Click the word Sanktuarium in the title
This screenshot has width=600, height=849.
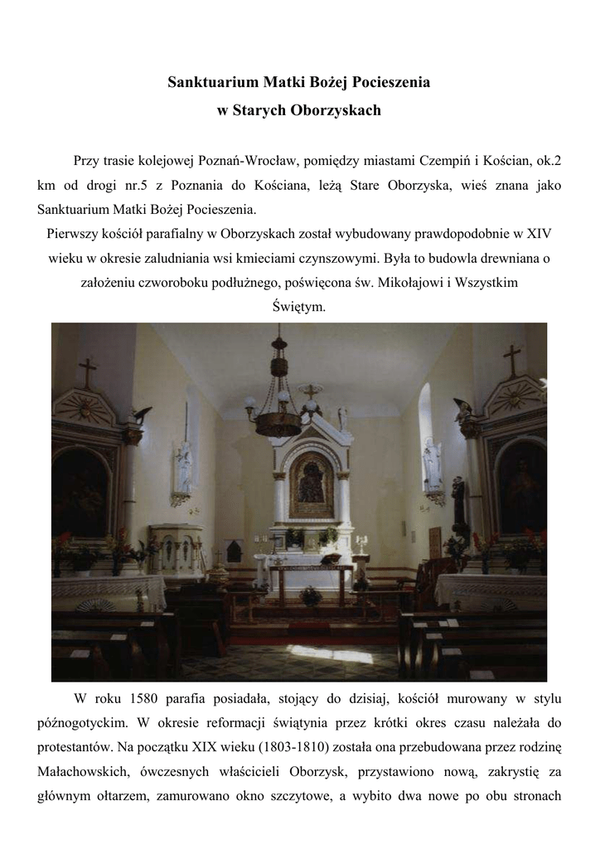[212, 82]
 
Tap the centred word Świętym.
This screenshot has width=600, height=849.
[299, 307]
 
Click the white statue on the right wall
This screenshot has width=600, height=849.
[432, 464]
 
